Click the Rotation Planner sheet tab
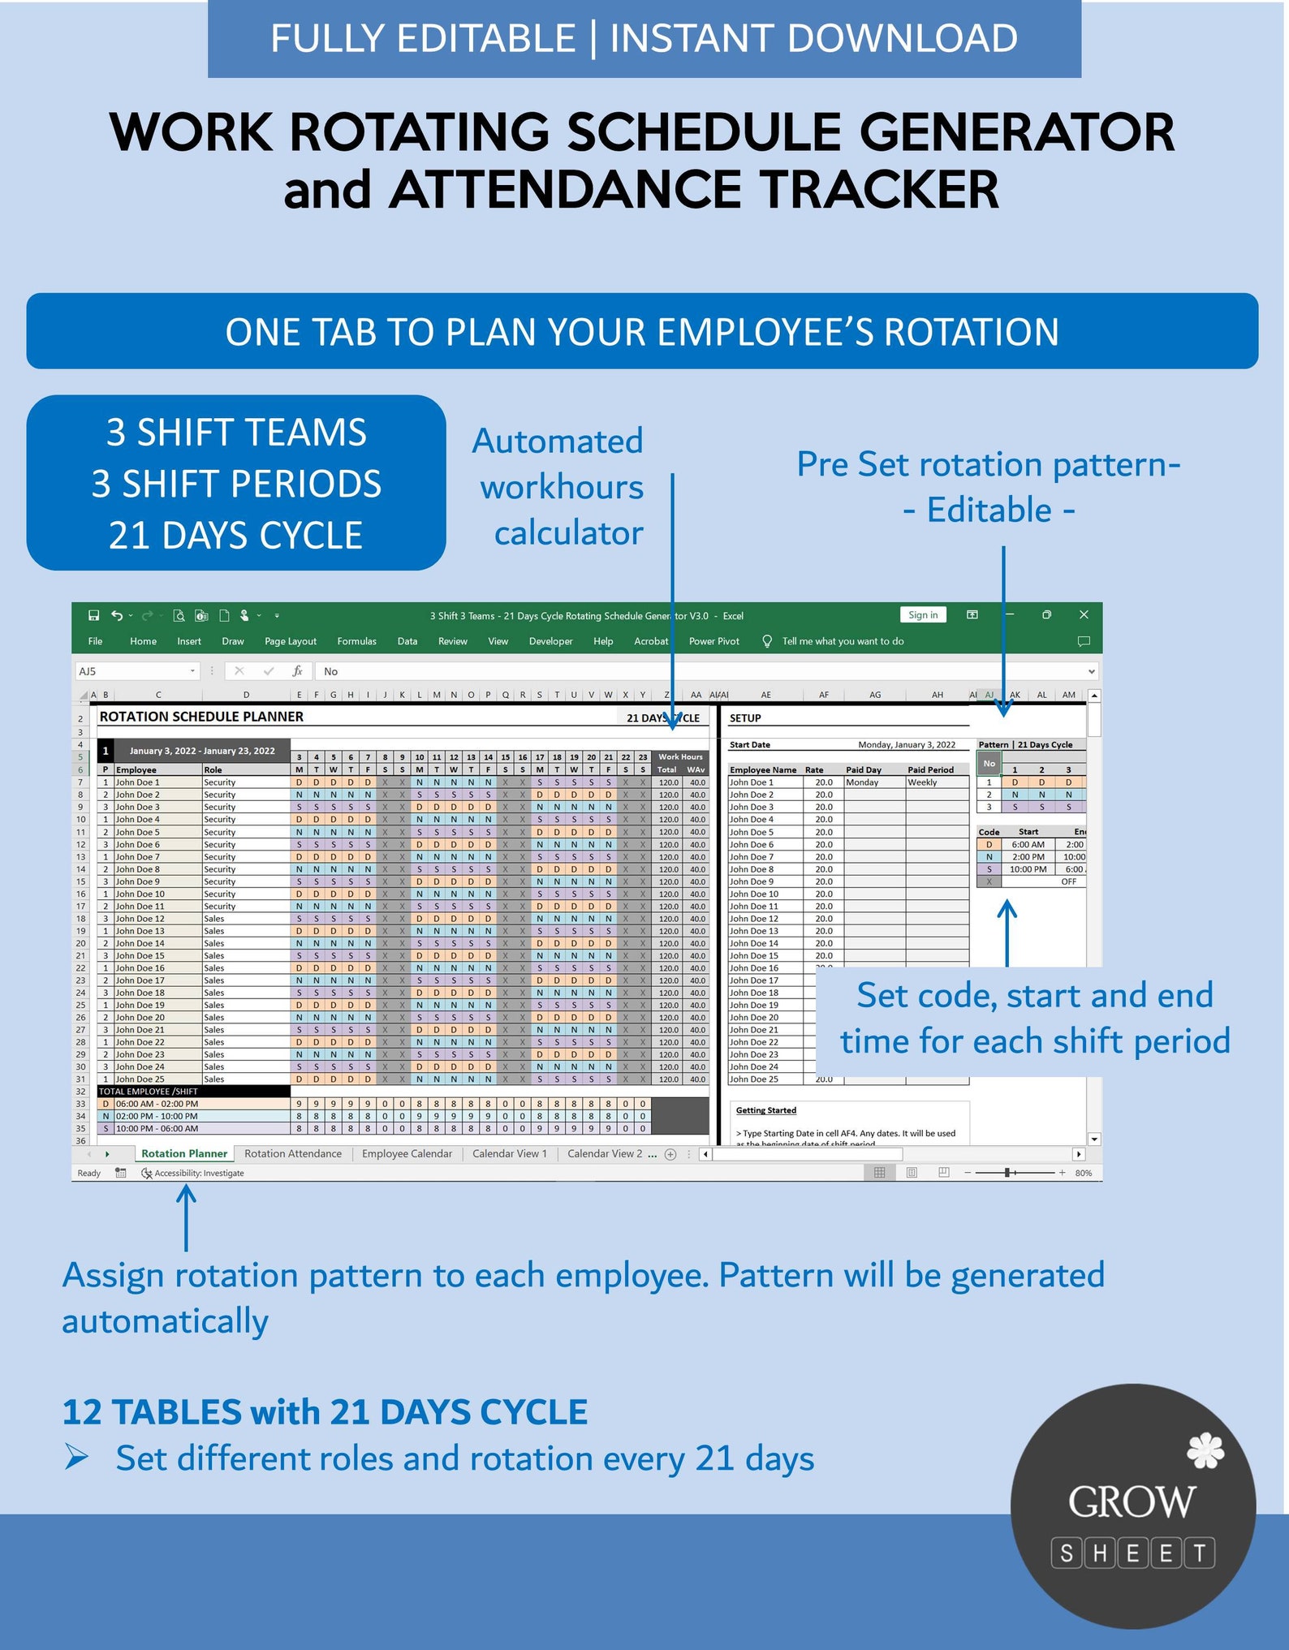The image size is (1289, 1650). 184,1153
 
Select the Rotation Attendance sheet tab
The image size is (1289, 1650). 293,1153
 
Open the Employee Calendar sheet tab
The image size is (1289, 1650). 407,1153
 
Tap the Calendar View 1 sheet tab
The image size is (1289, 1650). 510,1153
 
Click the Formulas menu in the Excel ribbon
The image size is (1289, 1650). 356,641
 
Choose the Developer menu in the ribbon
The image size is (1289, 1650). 550,641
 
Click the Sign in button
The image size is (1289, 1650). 923,615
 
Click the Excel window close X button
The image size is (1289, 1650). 1084,615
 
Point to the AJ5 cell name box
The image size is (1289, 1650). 134,671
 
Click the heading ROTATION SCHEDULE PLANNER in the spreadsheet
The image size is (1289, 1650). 201,717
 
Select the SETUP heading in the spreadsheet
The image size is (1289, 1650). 745,718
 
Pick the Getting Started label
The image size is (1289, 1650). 766,1110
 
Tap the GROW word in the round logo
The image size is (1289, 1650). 1132,1501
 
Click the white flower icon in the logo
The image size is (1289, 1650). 1205,1450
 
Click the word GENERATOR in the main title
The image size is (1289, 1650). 1016,132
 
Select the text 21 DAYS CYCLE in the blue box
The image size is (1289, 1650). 235,536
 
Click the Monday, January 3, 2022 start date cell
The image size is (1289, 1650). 907,745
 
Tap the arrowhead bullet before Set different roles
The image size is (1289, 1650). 77,1458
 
